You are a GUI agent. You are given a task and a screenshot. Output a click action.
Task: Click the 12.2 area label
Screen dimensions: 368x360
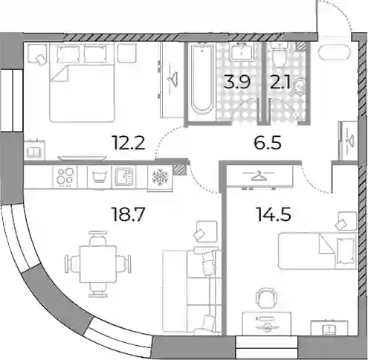(x=129, y=143)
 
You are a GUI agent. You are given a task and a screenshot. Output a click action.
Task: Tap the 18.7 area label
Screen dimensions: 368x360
(x=128, y=214)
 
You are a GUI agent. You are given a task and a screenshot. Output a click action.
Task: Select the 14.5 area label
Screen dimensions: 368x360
(x=274, y=214)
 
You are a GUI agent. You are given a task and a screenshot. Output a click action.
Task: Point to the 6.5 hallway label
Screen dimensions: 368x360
(x=268, y=143)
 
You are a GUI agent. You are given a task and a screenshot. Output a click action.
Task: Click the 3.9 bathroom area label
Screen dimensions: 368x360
(x=236, y=82)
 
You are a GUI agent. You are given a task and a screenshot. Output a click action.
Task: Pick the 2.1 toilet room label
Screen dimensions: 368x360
(x=280, y=82)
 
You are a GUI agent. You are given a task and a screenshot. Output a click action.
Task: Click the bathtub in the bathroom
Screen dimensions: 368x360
(x=202, y=81)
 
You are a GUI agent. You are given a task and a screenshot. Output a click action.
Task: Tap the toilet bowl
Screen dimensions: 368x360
(x=280, y=55)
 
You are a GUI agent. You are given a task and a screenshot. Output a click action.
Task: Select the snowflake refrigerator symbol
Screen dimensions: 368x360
(x=160, y=176)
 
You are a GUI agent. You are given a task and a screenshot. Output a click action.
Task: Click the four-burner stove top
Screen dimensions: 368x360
(x=65, y=176)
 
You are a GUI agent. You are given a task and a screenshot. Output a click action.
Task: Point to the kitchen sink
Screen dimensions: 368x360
(x=124, y=176)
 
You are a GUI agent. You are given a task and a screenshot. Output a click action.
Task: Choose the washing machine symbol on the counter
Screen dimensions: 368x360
(x=99, y=177)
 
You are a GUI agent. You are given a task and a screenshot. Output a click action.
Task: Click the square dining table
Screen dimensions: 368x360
(x=98, y=264)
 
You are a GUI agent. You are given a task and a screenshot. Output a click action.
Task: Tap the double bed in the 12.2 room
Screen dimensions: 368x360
(x=82, y=83)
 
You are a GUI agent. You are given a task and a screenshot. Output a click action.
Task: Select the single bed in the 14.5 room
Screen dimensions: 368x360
(x=317, y=251)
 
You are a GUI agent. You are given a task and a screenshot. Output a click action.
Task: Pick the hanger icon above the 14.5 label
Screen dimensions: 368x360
(x=259, y=176)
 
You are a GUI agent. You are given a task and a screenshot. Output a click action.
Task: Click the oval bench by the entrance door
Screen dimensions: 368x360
(x=335, y=52)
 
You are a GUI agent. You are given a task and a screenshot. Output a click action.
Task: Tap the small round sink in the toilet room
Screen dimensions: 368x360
(x=299, y=86)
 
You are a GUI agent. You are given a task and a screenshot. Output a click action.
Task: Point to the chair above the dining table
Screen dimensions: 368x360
(x=98, y=239)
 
